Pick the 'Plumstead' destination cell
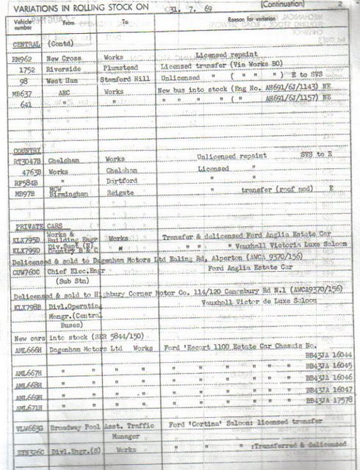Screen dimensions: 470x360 (123, 65)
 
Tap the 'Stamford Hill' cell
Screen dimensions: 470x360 (128, 75)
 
